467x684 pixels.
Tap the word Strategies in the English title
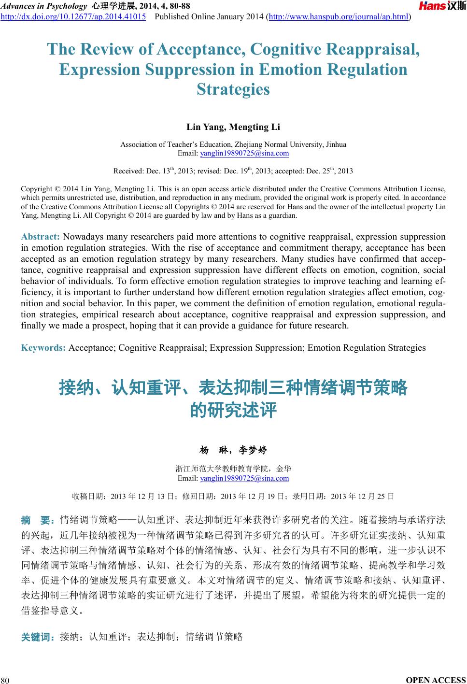[x=233, y=89]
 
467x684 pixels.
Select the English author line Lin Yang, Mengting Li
[x=233, y=127]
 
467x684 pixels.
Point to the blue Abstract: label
[x=41, y=237]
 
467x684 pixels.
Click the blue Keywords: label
[x=43, y=348]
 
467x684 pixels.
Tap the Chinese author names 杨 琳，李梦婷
[x=233, y=450]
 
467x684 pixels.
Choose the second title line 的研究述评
[x=233, y=410]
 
